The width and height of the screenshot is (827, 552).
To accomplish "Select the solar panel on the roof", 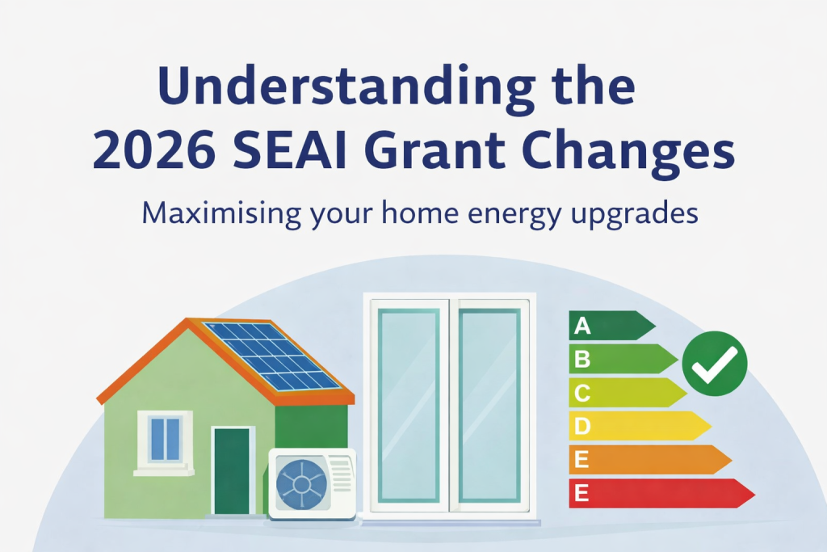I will [x=270, y=355].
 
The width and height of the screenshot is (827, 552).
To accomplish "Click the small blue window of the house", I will [x=166, y=439].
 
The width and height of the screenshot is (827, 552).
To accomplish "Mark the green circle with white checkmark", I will [x=715, y=364].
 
